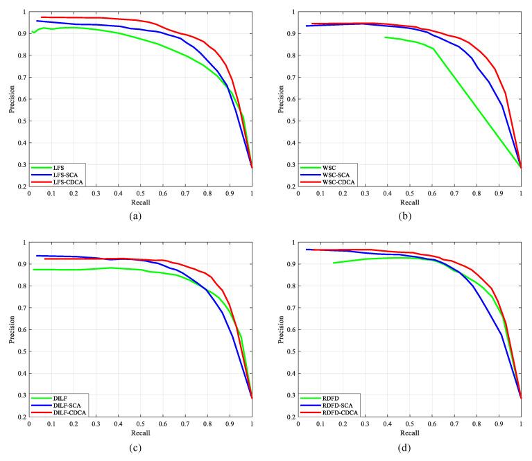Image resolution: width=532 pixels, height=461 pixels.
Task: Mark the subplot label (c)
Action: coord(139,447)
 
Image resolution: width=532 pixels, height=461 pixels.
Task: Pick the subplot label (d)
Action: coord(409,447)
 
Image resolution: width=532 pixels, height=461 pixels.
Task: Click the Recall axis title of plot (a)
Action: coord(140,202)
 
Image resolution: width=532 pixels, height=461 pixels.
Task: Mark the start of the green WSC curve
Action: coord(385,37)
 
